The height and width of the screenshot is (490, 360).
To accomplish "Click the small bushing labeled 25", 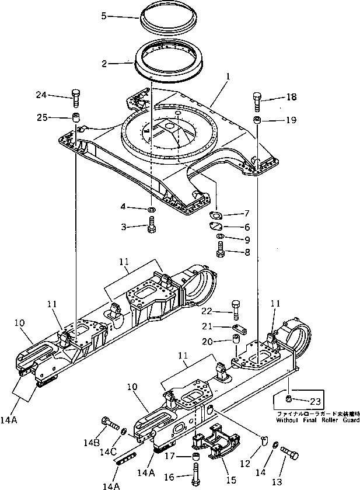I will point(75,117).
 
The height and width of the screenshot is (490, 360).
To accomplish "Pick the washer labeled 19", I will point(257,120).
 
